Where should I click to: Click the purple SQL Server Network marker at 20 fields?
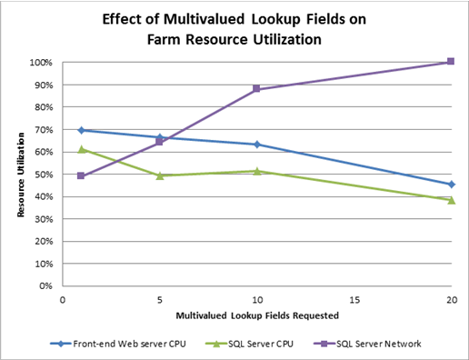point(451,62)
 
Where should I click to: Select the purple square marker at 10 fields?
point(257,89)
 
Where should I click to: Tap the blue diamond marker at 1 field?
point(81,130)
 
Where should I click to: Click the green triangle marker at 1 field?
point(81,149)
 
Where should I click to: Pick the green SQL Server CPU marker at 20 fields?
point(451,199)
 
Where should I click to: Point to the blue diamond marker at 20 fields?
point(451,185)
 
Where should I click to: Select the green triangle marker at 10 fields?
point(257,171)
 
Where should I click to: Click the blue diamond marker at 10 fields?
point(257,145)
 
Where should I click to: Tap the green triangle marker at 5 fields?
point(159,175)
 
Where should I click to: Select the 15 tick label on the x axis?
point(354,298)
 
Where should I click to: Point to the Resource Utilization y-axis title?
point(19,175)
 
